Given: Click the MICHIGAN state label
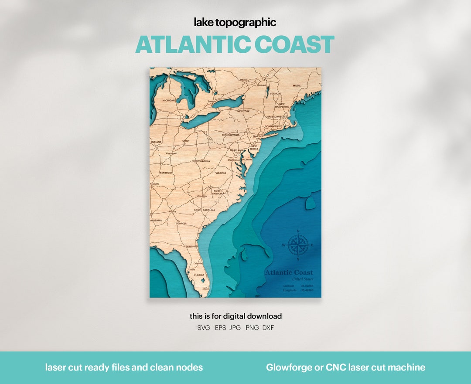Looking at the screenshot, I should coord(168,100).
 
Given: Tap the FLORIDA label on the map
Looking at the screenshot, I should coord(199,275).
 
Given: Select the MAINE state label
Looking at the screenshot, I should coord(297,86).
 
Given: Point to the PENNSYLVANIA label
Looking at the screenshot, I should coord(231,135).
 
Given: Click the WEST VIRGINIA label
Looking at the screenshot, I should coord(201,161).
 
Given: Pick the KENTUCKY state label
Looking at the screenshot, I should coord(166,173).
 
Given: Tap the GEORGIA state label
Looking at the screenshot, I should coord(181,224).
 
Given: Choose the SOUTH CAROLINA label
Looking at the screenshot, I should coord(205,210).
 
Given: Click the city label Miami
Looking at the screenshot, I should coord(205,289).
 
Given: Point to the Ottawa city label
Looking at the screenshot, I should coord(244,80).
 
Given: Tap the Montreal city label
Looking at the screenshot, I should coord(261,85).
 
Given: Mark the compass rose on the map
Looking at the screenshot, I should coord(298,245).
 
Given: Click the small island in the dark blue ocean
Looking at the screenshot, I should coord(310,203).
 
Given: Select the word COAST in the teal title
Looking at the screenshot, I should coord(294,45).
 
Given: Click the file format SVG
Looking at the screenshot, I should coord(204,328).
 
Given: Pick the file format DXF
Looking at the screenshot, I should coord(268,328).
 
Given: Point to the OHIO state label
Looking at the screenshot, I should coord(185,141).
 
